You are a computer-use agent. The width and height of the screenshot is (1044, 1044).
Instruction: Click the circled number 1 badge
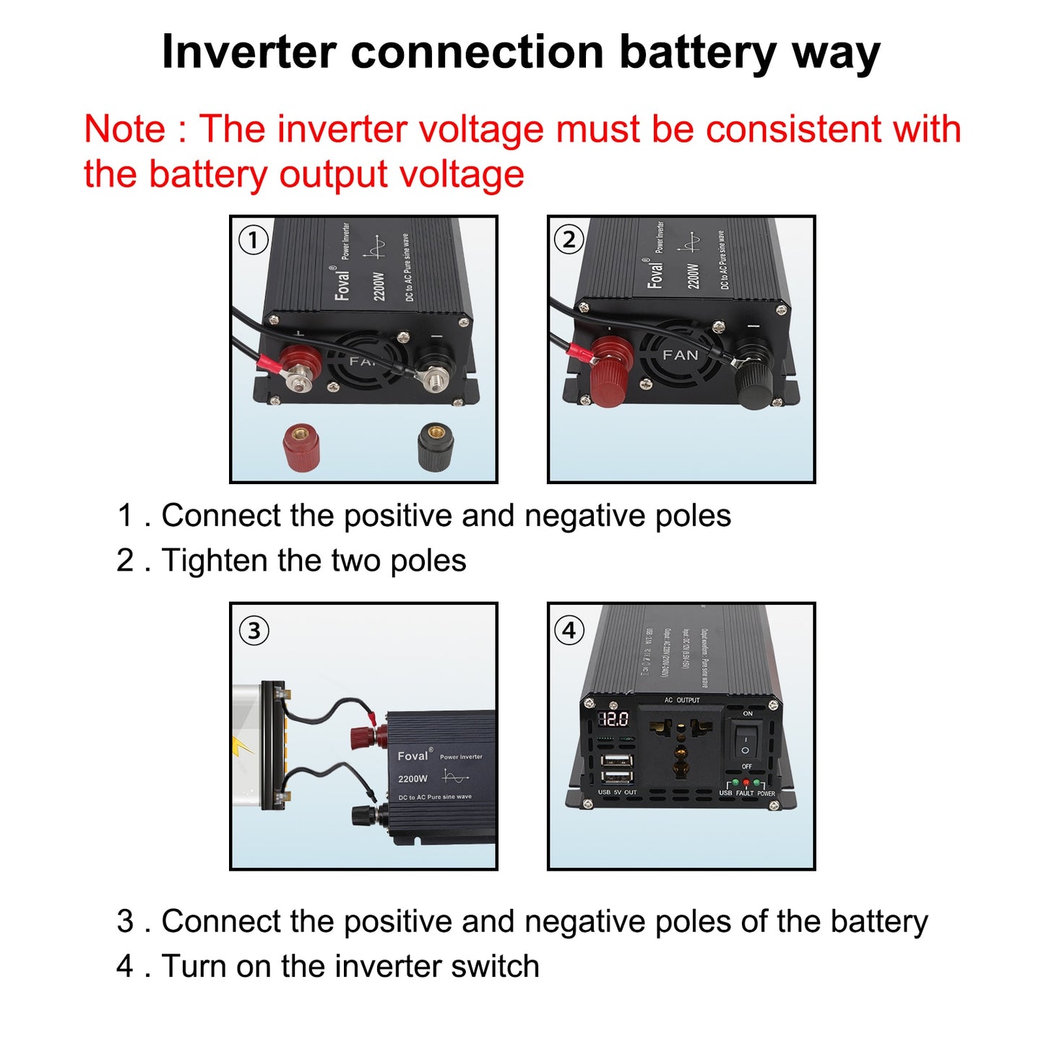point(253,240)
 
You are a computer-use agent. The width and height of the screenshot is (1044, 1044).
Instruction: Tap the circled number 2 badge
point(569,240)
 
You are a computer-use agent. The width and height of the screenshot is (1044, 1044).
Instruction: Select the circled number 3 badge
point(254,631)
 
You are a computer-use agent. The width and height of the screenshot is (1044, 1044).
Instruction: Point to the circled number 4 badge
point(569,631)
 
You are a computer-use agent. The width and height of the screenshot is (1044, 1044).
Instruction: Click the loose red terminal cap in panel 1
point(301,447)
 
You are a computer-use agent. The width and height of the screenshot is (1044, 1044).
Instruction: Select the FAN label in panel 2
point(681,355)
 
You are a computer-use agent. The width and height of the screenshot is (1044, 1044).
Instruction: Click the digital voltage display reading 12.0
point(613,719)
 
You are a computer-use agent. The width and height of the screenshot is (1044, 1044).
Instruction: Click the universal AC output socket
point(680,748)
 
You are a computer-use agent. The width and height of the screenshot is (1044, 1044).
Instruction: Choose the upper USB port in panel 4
point(616,760)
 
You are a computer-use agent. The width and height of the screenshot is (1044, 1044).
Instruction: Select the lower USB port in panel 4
point(616,777)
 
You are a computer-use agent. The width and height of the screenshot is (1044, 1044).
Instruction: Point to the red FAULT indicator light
point(746,783)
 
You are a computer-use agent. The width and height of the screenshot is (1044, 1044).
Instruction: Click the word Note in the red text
point(124,130)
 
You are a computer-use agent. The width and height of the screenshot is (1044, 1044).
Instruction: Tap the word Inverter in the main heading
point(249,53)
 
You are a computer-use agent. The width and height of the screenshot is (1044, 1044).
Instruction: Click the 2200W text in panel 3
point(413,779)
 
